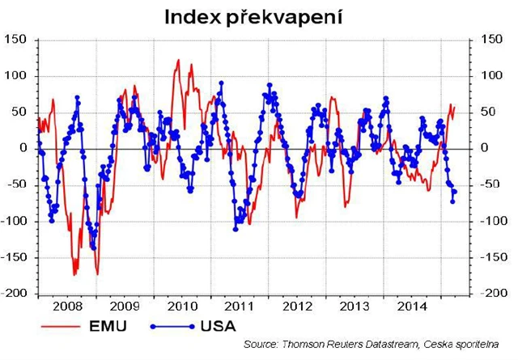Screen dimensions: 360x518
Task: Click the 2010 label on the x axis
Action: (x=181, y=307)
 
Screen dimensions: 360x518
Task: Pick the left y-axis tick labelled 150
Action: (x=15, y=39)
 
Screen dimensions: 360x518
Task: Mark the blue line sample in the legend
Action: (x=170, y=328)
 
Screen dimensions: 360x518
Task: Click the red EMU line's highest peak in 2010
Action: (x=178, y=60)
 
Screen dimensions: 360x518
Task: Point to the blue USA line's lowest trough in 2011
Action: (x=236, y=229)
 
